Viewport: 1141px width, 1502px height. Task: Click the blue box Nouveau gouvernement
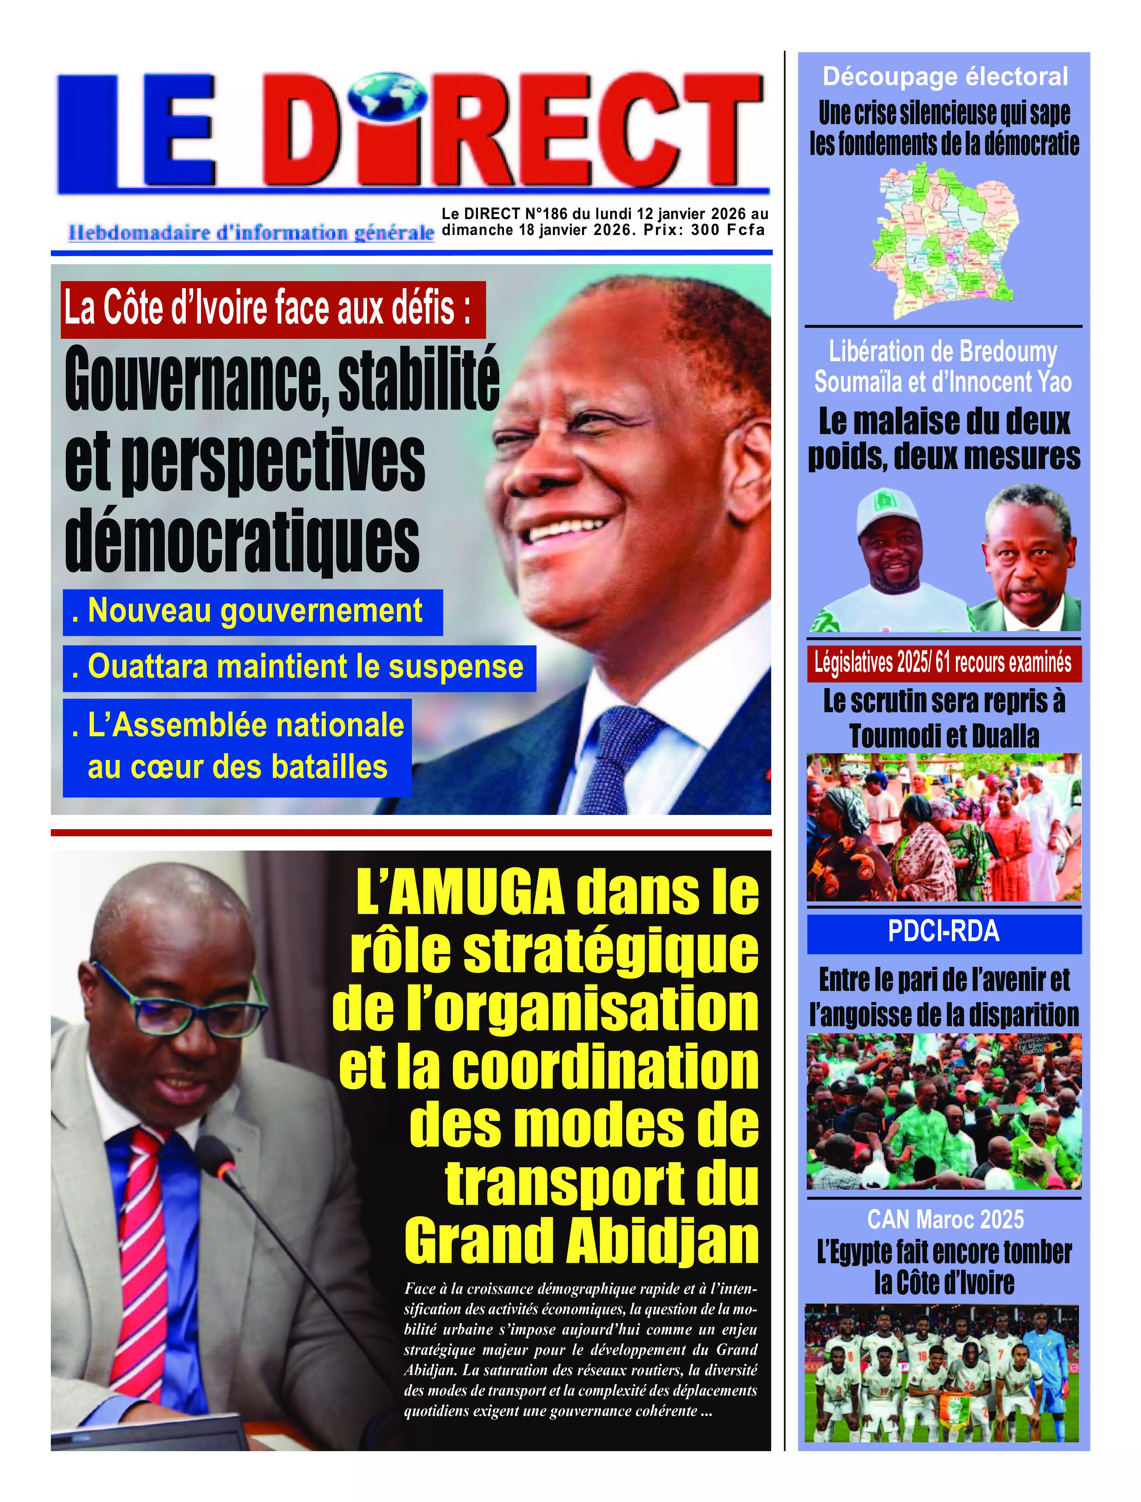(253, 611)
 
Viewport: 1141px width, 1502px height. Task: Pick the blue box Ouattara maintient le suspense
(299, 668)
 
